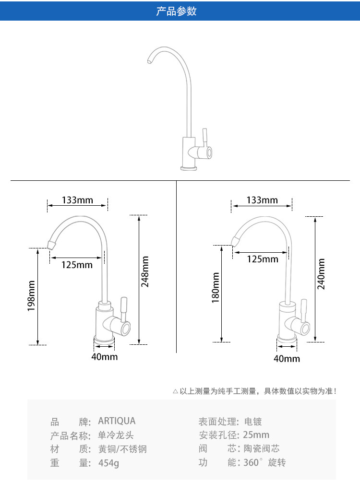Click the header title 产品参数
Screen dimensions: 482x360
[176, 11]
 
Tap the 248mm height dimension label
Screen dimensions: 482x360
[145, 271]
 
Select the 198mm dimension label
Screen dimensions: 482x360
[32, 296]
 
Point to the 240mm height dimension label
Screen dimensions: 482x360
[321, 274]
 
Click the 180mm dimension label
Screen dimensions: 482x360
[216, 287]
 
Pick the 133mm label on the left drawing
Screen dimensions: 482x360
[77, 200]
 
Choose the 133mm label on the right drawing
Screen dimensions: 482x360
[262, 200]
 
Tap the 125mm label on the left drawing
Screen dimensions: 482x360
[77, 265]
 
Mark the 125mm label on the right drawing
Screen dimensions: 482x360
[263, 259]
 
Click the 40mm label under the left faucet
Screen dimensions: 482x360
[104, 356]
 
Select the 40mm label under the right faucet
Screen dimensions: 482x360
[287, 358]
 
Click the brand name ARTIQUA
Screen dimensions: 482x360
[117, 421]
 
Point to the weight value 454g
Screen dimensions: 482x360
[108, 463]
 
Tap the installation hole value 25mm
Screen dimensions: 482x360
[256, 435]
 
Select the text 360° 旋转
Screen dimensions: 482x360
[264, 463]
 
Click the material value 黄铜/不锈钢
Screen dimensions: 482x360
[122, 449]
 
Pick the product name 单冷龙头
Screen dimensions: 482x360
[116, 435]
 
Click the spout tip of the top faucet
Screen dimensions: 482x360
[149, 61]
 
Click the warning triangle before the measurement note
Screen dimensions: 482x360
[176, 391]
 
